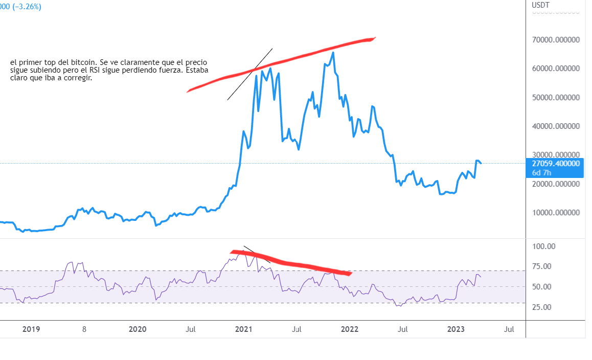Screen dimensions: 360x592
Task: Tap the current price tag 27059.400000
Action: (556, 164)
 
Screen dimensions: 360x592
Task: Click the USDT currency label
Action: (540, 5)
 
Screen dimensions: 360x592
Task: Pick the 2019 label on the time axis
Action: (31, 329)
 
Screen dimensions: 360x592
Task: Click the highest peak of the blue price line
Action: (333, 53)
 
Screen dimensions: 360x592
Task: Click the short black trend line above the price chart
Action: (250, 74)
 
